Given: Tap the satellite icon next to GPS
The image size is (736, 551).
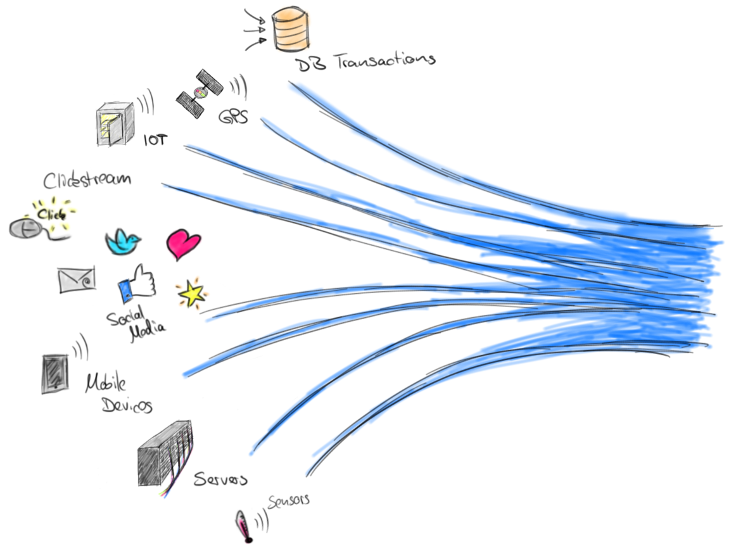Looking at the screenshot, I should [200, 93].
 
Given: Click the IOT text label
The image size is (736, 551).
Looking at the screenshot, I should [155, 139].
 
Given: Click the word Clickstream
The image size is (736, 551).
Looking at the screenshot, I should [87, 179].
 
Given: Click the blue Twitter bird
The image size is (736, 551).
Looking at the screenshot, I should [123, 241].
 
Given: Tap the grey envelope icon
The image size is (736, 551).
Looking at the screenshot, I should [77, 279].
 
